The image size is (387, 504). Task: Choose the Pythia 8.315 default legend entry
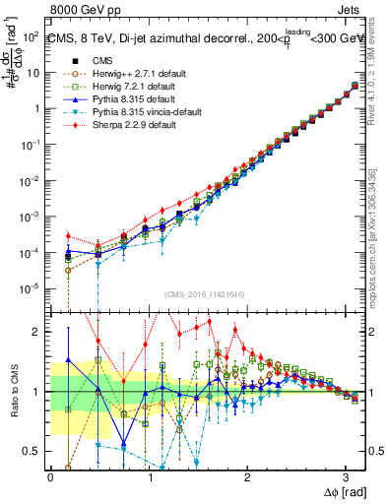tap(136, 100)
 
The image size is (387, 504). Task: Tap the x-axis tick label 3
tap(349, 476)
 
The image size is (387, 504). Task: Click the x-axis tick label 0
tap(50, 476)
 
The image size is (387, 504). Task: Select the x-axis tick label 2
tap(249, 476)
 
